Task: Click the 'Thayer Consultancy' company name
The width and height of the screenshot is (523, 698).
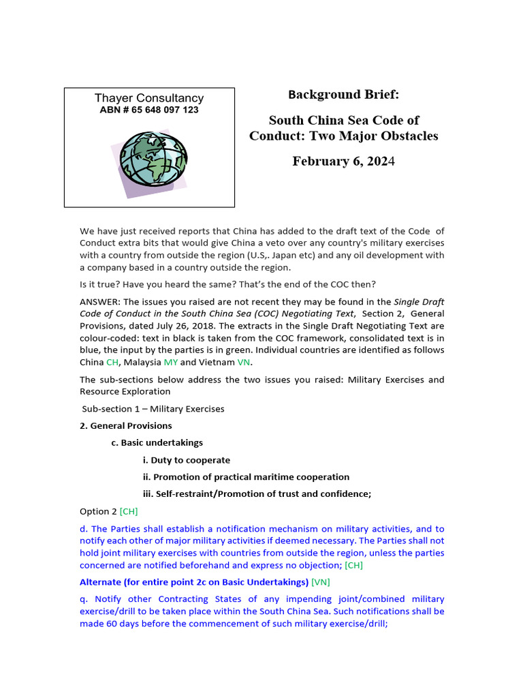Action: click(x=149, y=98)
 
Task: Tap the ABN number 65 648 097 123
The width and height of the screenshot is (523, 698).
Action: click(x=149, y=110)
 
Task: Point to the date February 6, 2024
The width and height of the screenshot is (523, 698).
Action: click(x=343, y=162)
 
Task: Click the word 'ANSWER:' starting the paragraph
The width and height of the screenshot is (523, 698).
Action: click(x=99, y=301)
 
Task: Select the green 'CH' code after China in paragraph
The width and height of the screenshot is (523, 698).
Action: click(x=112, y=363)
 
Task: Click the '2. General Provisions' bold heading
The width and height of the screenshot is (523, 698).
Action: click(x=126, y=426)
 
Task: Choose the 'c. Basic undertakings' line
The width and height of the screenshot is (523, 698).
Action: click(x=157, y=443)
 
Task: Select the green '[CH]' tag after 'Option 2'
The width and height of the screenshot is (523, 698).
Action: click(x=129, y=511)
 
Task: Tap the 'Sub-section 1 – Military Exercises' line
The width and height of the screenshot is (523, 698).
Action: click(x=153, y=409)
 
